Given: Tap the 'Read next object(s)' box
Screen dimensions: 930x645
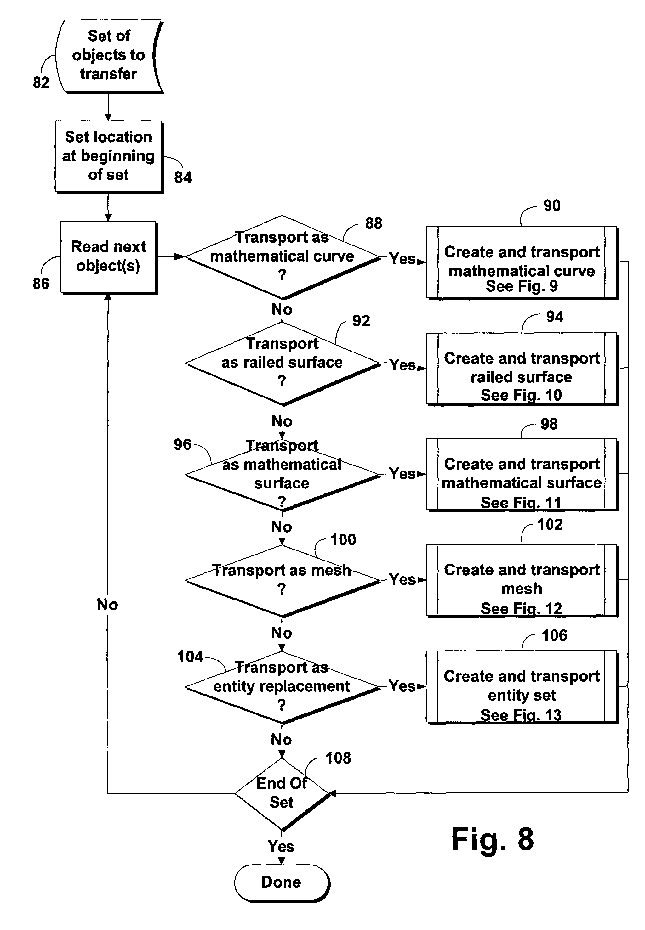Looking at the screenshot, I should [x=108, y=256].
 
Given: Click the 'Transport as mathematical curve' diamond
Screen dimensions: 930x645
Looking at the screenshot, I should [x=282, y=257].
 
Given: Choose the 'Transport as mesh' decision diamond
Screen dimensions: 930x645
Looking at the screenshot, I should [x=282, y=580].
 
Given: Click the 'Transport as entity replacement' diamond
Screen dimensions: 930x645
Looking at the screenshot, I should [x=282, y=686].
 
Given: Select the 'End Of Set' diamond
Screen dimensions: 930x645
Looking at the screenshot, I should [x=282, y=793].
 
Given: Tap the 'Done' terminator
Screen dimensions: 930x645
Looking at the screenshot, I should [x=282, y=882].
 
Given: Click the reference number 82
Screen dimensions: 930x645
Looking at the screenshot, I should [x=41, y=83].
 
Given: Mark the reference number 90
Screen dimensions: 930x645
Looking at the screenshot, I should [x=552, y=206].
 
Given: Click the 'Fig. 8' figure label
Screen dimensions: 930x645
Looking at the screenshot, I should [x=492, y=840].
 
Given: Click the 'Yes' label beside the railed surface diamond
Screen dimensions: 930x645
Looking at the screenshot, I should [x=402, y=365].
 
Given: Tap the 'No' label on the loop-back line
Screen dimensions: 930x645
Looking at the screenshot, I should [x=107, y=605].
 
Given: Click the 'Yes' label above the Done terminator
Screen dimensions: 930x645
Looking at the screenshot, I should [x=281, y=846].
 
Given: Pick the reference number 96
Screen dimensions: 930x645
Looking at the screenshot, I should [x=182, y=445].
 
